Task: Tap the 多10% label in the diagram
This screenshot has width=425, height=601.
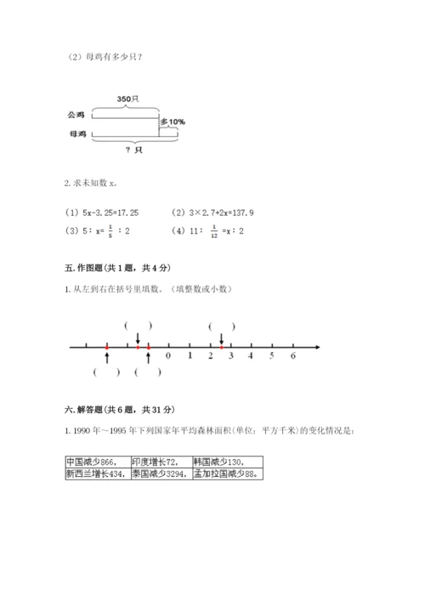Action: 173,122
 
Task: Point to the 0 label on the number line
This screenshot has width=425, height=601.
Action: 168,356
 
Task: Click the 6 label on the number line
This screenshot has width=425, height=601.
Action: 292,356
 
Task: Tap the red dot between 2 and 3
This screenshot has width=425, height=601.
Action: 221,347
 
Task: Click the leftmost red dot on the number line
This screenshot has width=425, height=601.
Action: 107,347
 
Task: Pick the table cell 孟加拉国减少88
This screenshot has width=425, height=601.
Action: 226,474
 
